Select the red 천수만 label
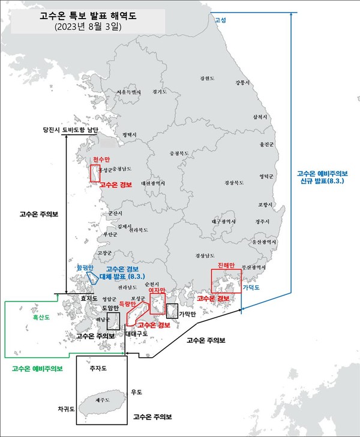[101, 159]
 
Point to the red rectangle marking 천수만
[95, 173]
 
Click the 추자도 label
[97, 369]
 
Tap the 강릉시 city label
[241, 82]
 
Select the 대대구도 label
[137, 333]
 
